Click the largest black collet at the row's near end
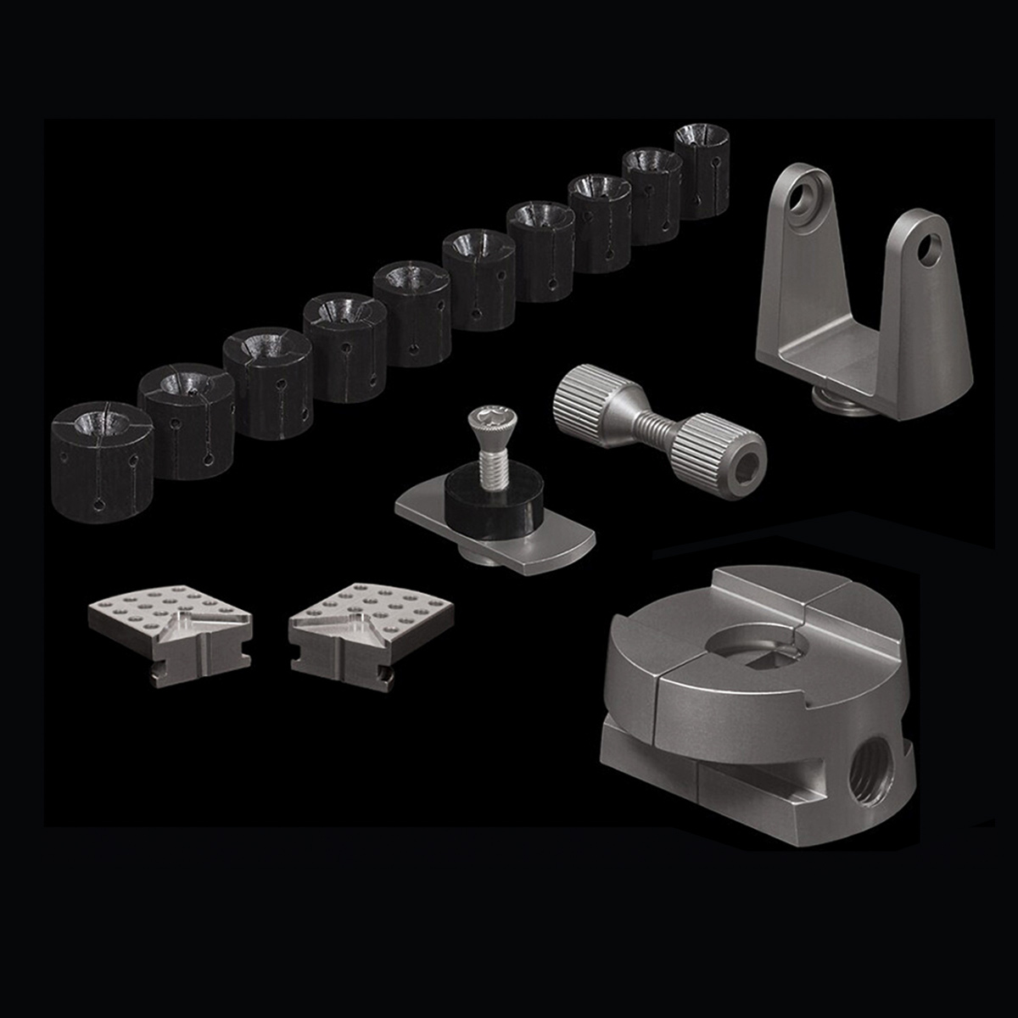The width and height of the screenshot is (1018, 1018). tap(102, 462)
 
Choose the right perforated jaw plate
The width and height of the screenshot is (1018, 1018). tap(370, 632)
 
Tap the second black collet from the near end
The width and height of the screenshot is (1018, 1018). tap(187, 420)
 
